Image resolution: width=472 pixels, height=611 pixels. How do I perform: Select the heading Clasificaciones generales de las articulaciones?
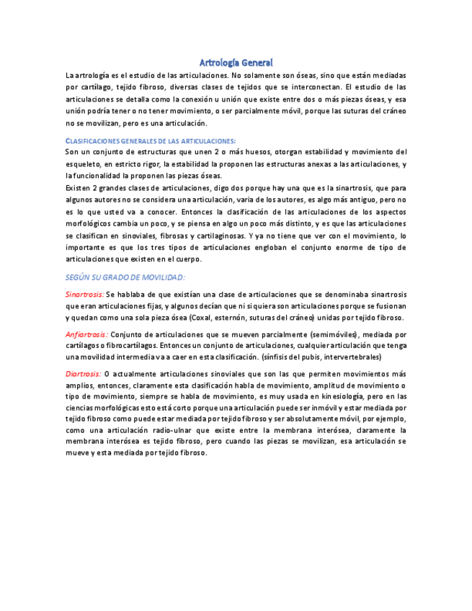point(151,141)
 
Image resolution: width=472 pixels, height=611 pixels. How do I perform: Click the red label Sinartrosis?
point(84,295)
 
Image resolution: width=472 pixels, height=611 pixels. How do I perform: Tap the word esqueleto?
point(85,164)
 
